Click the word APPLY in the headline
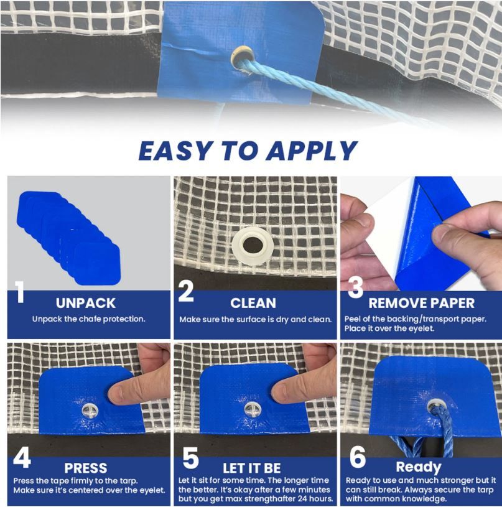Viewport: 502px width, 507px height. [312, 151]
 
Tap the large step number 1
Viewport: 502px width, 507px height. [20, 292]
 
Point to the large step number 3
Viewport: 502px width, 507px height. [355, 287]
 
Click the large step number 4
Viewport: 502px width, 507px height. [22, 457]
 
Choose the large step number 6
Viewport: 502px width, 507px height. [358, 457]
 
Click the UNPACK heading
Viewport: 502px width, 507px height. [86, 303]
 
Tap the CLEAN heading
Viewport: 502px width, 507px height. [253, 303]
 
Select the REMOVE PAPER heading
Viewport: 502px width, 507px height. [422, 303]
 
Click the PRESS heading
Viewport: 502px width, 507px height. [86, 468]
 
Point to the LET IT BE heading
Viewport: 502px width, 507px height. [252, 468]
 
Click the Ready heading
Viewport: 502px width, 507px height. [419, 467]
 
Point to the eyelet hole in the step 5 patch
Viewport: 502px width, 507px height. [251, 411]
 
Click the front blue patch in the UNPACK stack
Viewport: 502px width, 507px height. [98, 264]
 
